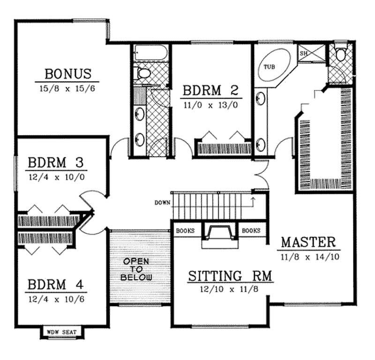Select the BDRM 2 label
[210, 90]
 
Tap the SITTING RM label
[230, 276]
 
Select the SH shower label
[303, 54]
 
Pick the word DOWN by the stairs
[162, 203]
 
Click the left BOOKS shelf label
[185, 230]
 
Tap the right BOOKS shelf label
[251, 230]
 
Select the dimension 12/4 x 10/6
[55, 299]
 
